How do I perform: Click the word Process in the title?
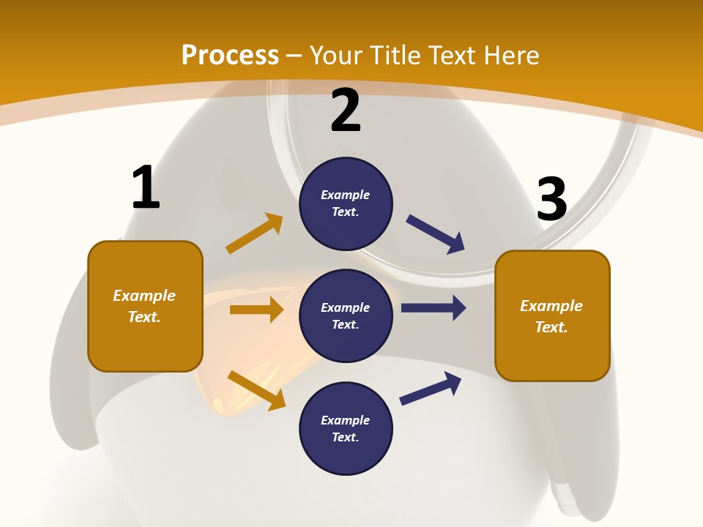[x=230, y=55]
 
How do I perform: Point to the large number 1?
[x=146, y=187]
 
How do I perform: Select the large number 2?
[x=346, y=111]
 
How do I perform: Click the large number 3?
[x=551, y=199]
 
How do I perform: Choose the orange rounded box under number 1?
[x=145, y=306]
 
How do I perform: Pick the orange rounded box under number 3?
[x=552, y=315]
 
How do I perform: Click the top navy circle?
[x=346, y=203]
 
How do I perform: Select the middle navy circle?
[x=346, y=315]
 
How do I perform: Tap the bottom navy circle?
[x=346, y=428]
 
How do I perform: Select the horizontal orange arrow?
[x=256, y=310]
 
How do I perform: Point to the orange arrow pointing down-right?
[x=256, y=390]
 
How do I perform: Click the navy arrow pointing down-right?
[x=436, y=234]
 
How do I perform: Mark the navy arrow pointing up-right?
[x=431, y=388]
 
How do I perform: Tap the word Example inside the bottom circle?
[x=346, y=420]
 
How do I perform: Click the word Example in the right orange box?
[x=551, y=306]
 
